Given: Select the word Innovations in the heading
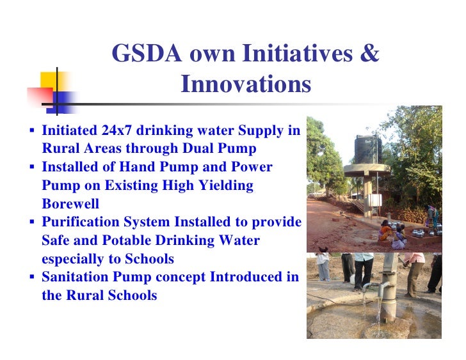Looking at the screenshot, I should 246,84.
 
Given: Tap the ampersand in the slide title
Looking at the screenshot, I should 369,54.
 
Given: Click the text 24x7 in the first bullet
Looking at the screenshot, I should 116,131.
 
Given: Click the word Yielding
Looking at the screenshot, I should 223,185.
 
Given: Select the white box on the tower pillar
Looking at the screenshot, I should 369,204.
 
